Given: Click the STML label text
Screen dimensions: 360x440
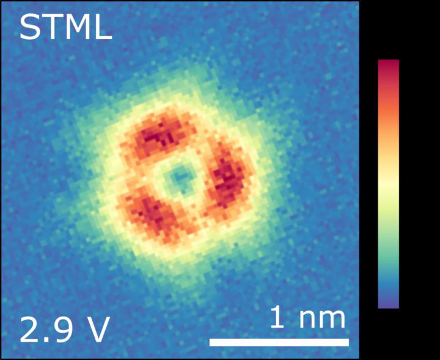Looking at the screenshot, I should click(x=65, y=28).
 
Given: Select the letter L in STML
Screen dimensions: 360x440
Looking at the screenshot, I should click(x=103, y=28).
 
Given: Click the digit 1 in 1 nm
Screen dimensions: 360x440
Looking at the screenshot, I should click(x=277, y=318).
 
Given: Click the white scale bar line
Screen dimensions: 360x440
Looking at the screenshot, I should click(x=279, y=342).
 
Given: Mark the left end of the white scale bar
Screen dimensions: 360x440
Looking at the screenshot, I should click(x=211, y=342).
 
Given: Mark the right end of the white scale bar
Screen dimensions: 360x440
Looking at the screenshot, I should click(x=348, y=342).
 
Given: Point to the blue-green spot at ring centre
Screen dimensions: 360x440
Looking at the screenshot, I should click(x=180, y=178).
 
